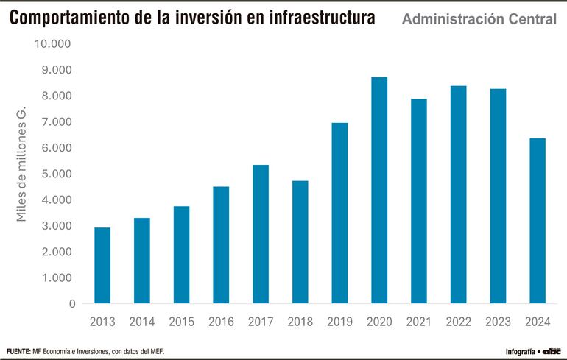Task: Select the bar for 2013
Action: pos(102,265)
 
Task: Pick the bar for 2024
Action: pos(538,221)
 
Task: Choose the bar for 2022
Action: pos(458,194)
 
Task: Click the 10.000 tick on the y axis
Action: pos(55,44)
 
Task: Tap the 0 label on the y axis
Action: pos(72,303)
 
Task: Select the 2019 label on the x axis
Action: pos(339,322)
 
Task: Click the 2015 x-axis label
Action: pos(181,322)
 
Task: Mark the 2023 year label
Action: pos(498,322)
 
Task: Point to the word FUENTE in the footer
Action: pos(18,351)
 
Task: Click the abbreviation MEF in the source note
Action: pos(155,351)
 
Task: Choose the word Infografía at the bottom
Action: pos(520,352)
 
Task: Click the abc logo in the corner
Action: pos(552,351)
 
